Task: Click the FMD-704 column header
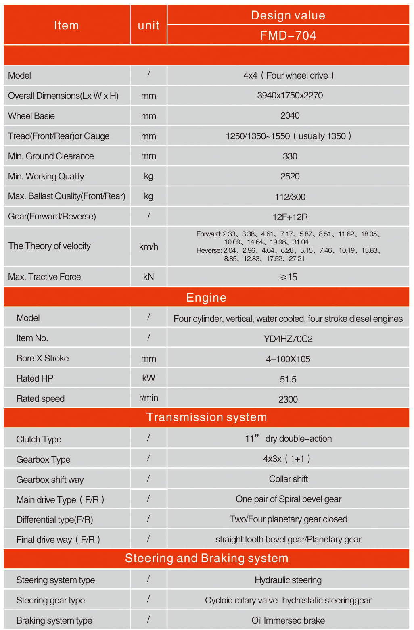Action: tap(288, 35)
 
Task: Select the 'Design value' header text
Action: tap(288, 15)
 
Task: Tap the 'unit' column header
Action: tap(148, 25)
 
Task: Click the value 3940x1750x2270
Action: tap(290, 96)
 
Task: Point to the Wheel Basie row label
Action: tap(31, 116)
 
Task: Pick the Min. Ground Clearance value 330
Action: tap(290, 156)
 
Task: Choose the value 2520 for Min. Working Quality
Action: tap(290, 177)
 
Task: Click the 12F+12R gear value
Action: tap(290, 217)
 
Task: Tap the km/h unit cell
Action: tap(148, 247)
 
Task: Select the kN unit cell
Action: tap(148, 277)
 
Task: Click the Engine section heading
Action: tap(206, 298)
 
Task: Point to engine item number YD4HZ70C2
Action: tap(288, 339)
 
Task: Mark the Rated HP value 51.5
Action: tap(288, 379)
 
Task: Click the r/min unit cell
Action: tap(148, 398)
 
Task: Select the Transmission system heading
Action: tap(206, 417)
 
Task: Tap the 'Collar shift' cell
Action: tap(288, 479)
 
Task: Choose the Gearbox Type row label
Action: tap(43, 459)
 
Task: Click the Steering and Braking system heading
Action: tap(206, 558)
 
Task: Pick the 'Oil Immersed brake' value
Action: tap(288, 620)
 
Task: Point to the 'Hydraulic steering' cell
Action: tap(288, 580)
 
